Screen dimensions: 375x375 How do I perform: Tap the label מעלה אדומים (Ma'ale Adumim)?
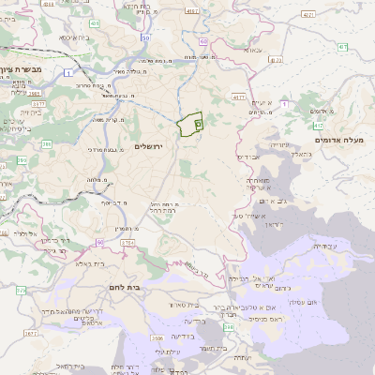(x=342, y=140)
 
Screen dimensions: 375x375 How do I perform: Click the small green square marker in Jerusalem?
(x=198, y=122)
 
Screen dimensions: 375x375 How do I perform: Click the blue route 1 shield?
(x=68, y=71)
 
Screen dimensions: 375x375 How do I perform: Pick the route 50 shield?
(x=146, y=37)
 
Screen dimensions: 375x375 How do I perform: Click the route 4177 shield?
(x=238, y=97)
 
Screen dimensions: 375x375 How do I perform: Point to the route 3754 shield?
(x=127, y=243)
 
